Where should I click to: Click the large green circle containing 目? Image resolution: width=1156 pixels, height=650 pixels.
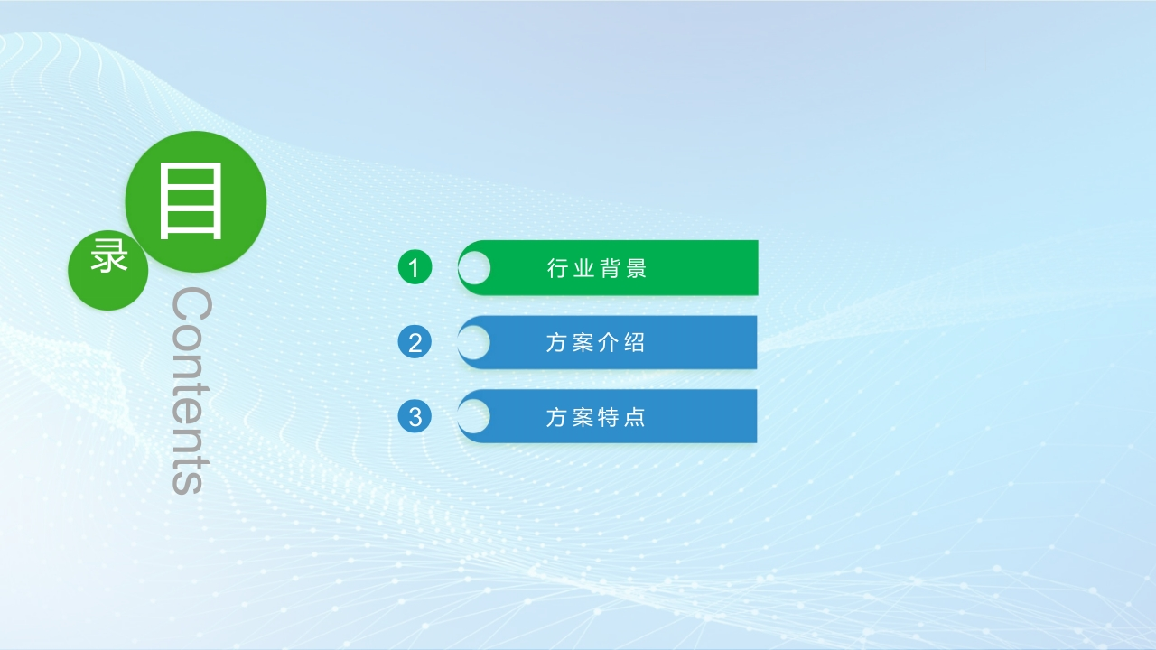tap(196, 201)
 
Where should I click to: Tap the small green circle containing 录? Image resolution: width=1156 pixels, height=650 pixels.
tap(107, 270)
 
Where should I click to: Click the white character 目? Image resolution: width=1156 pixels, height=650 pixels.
tap(191, 200)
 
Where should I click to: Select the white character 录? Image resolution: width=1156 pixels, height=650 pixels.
tap(109, 255)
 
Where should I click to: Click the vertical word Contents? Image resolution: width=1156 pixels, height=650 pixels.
tap(191, 391)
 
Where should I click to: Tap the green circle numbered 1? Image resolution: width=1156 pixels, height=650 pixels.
tap(415, 267)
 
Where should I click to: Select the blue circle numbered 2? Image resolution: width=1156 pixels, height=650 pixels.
tap(415, 342)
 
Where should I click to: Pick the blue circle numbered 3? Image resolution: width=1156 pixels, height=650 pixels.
tap(415, 416)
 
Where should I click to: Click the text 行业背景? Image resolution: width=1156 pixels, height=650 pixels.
tap(597, 268)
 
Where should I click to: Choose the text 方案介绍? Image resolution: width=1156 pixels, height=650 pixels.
tap(595, 342)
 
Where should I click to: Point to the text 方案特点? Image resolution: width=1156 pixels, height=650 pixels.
tap(595, 417)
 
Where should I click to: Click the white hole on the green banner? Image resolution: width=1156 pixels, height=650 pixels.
tap(474, 268)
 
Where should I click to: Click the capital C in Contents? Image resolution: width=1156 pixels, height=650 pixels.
tap(191, 304)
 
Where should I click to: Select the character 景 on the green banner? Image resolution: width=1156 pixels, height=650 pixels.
tap(637, 268)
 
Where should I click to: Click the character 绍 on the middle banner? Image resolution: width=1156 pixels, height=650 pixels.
tap(634, 342)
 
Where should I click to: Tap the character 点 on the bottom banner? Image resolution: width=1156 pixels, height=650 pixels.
tap(634, 417)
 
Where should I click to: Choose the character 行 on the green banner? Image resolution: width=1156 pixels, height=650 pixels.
tap(558, 268)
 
